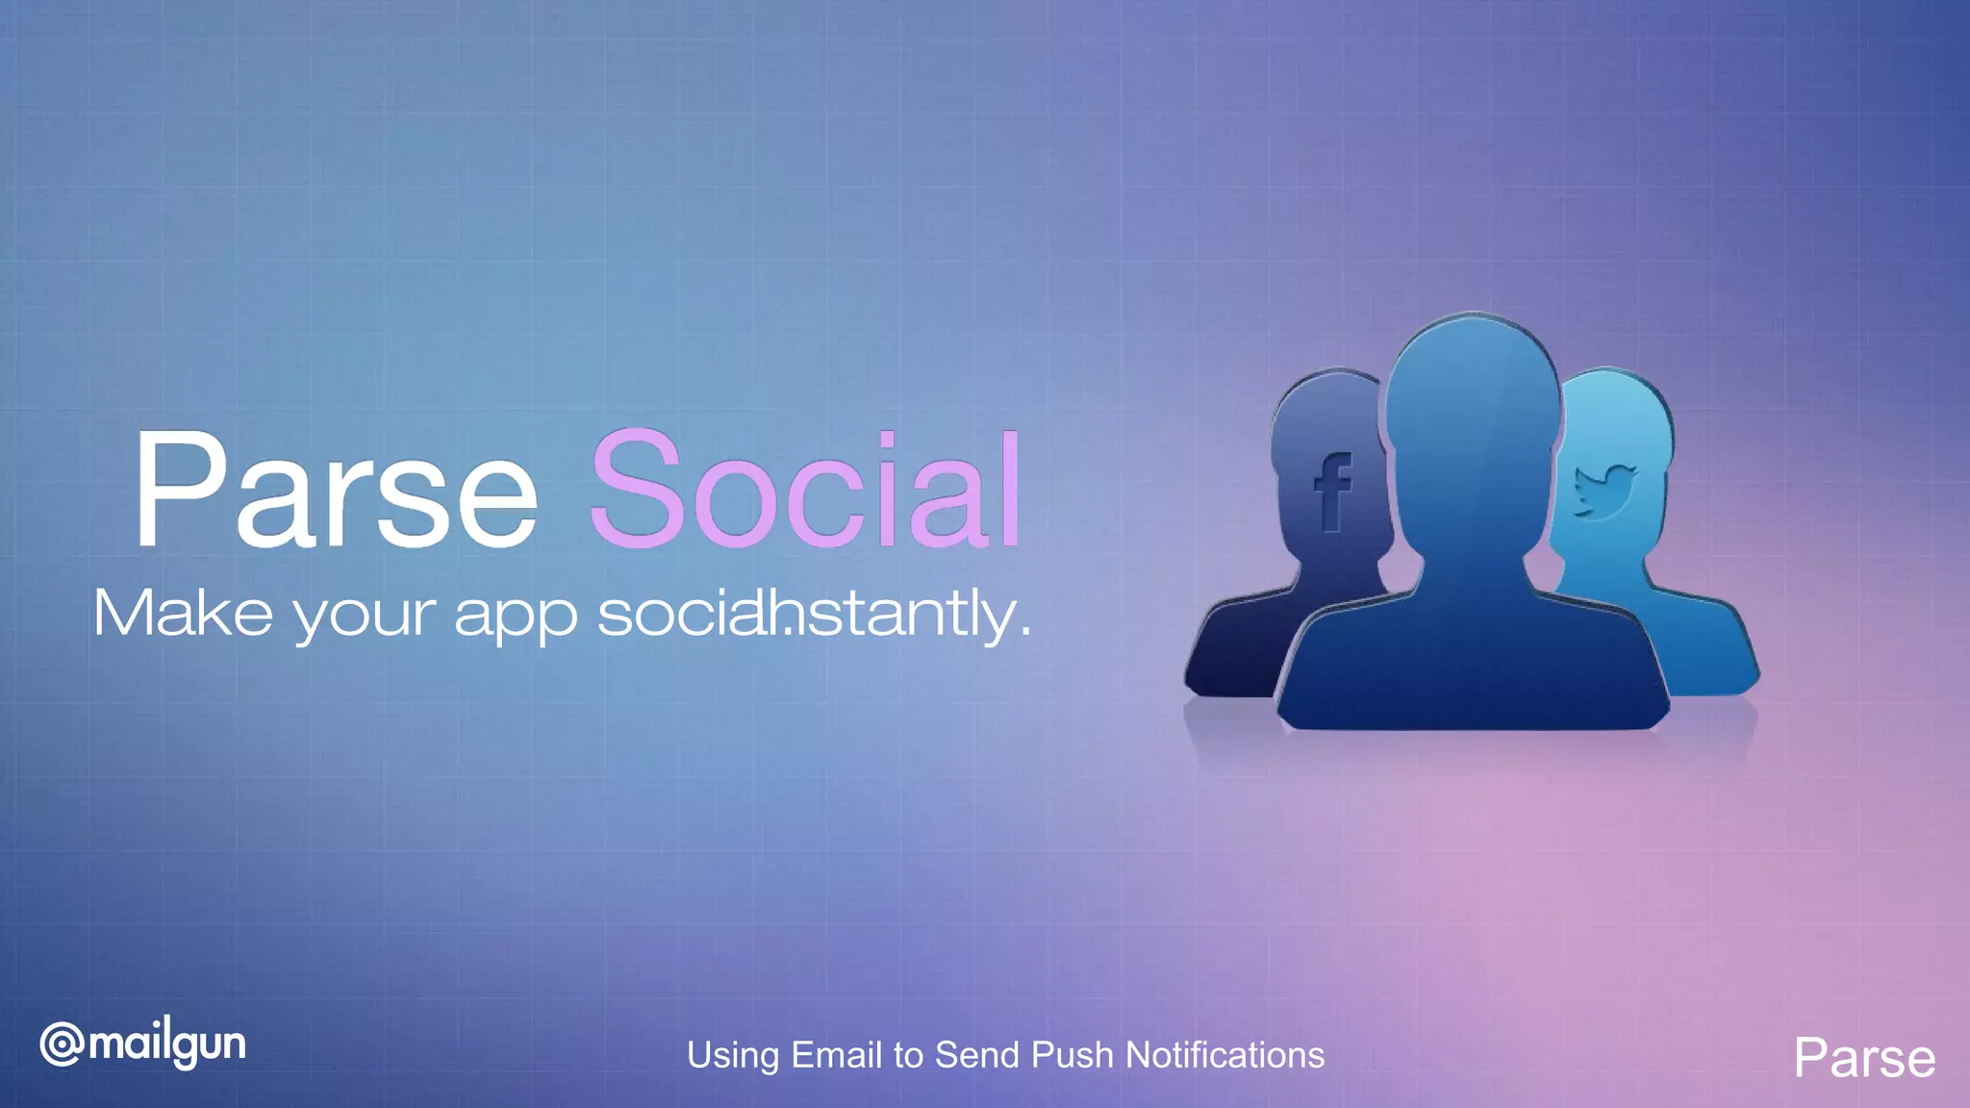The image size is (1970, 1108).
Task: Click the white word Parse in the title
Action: point(335,491)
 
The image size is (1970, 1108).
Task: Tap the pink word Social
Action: point(806,491)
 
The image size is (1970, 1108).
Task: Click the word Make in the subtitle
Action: point(183,613)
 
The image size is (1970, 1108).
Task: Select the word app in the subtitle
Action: point(516,616)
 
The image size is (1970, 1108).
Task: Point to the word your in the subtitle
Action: point(364,616)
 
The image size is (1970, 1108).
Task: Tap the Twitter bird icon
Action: point(1604,491)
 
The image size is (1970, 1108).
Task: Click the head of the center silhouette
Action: point(1472,404)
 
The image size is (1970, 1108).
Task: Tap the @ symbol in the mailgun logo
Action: point(62,1045)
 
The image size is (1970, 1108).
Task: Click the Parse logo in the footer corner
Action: point(1864,1058)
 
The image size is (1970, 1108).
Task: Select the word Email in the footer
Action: point(837,1055)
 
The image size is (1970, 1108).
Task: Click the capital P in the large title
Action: point(179,489)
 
